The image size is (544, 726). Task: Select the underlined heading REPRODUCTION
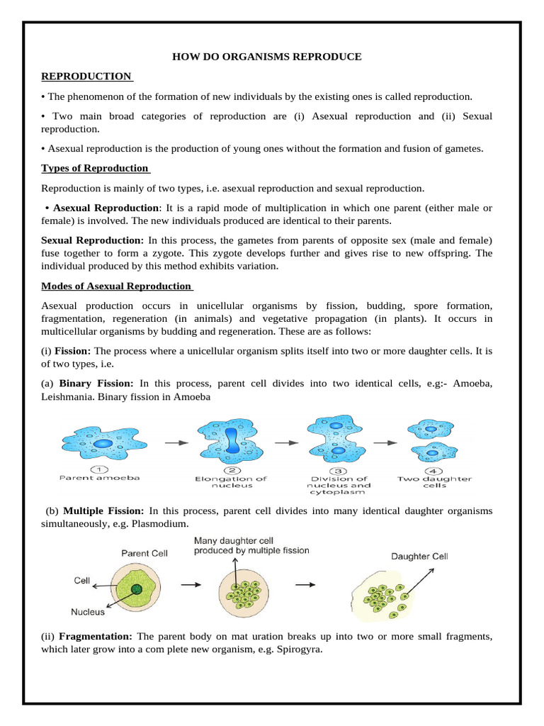(x=86, y=76)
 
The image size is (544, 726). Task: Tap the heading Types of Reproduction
(x=95, y=168)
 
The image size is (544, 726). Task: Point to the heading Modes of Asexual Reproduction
(x=116, y=286)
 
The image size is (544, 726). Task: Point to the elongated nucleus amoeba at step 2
(x=232, y=442)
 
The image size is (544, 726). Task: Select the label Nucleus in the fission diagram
(x=88, y=611)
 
